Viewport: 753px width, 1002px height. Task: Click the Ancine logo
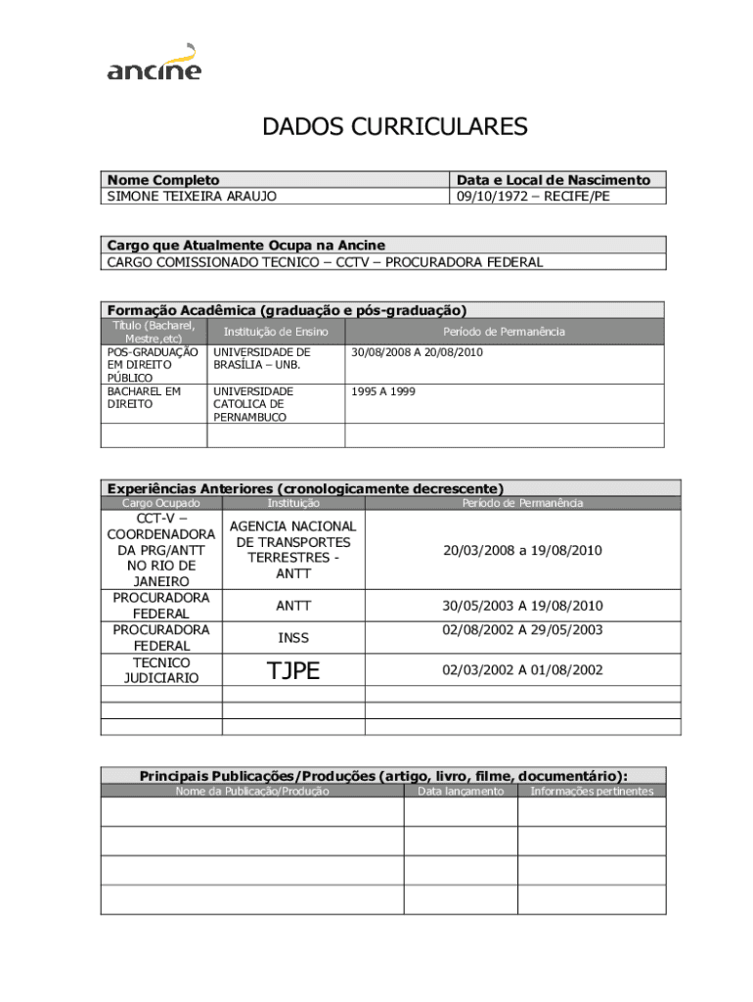pos(154,63)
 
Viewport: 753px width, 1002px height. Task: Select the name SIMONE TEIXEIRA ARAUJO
pos(192,196)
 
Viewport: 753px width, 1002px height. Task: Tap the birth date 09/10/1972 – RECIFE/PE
pos(532,196)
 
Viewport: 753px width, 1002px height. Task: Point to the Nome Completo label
pos(163,180)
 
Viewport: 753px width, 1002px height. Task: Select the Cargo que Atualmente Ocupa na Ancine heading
pos(245,245)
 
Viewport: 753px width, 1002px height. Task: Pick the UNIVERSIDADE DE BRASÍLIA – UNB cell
pos(262,358)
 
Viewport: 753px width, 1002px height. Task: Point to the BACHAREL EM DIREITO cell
pos(144,397)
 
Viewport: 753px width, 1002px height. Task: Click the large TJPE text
pos(293,670)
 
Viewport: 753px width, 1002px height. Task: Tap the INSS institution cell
pos(293,638)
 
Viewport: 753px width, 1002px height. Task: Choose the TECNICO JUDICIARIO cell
pos(161,670)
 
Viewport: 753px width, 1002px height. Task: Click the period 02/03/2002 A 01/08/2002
pos(522,670)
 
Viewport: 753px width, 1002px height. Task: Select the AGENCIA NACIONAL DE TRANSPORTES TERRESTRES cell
pos(293,550)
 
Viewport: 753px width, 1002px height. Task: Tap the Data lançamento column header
pos(461,791)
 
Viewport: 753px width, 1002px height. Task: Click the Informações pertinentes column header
pos(592,791)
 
